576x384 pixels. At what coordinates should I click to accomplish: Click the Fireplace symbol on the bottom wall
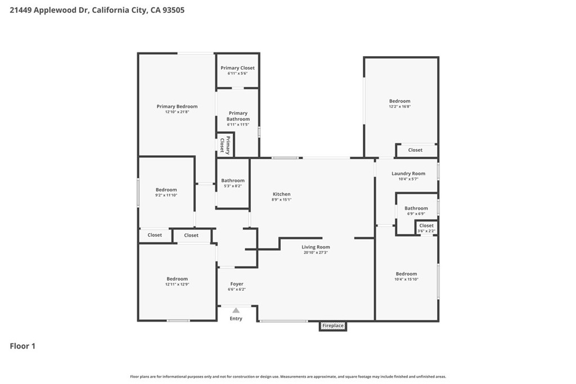click(333, 326)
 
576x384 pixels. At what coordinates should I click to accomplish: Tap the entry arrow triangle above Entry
click(236, 310)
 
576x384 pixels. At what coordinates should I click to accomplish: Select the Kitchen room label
click(281, 194)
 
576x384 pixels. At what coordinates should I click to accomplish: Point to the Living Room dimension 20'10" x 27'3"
click(316, 252)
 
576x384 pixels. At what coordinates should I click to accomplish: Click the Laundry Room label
click(408, 174)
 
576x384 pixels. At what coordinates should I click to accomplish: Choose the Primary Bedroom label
click(177, 106)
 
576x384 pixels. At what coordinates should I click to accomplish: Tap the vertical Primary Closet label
click(225, 145)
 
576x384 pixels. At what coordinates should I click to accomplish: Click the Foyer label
click(237, 284)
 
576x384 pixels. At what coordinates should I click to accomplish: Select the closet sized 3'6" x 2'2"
click(426, 228)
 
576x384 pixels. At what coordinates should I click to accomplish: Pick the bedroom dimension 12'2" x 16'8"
click(400, 106)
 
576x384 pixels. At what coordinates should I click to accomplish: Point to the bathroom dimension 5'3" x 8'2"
click(233, 186)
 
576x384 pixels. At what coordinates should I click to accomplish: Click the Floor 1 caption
click(22, 346)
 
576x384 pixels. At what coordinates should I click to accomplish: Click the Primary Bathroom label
click(238, 116)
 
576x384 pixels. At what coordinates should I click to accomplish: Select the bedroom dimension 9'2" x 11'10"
click(166, 195)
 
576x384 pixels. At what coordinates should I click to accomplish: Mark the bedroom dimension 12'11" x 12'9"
click(177, 284)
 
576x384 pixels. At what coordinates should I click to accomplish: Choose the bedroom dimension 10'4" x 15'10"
click(406, 279)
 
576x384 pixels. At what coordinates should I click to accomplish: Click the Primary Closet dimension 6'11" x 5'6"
click(237, 74)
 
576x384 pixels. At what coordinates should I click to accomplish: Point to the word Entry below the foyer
click(236, 319)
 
